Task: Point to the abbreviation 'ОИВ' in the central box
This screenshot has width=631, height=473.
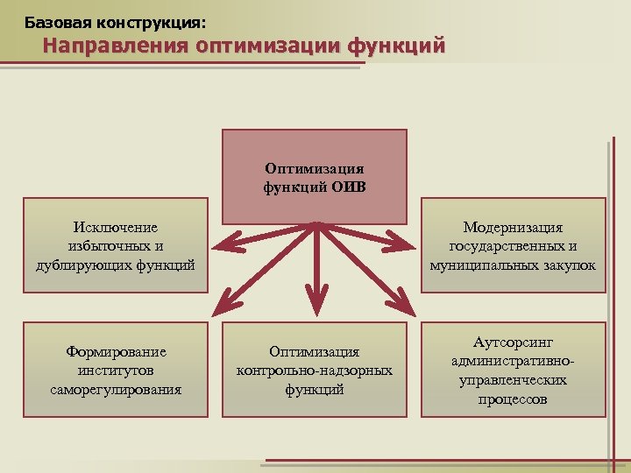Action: [348, 185]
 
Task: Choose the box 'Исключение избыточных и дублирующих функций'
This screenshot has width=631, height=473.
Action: [117, 246]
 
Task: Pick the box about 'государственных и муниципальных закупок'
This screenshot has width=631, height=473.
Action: [513, 246]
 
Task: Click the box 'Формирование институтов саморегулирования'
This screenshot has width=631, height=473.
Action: [117, 370]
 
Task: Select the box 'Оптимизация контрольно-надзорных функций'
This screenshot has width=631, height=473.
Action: [314, 370]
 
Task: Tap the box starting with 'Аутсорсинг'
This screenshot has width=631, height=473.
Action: [513, 370]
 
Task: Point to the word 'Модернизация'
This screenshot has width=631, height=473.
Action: [513, 228]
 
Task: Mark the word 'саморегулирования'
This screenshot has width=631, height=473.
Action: [117, 389]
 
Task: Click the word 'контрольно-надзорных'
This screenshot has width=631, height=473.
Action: [314, 371]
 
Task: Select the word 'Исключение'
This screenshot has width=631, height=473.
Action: [117, 228]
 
